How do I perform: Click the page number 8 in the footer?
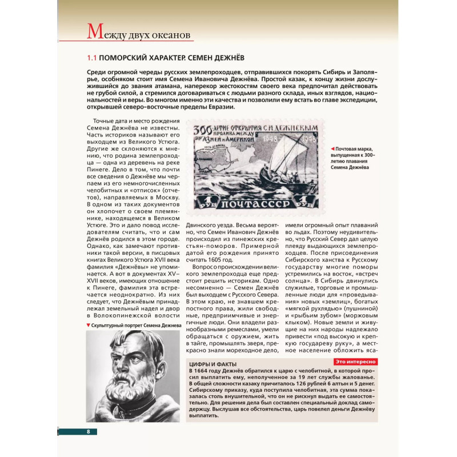point(89,431)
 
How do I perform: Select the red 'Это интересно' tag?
point(354,362)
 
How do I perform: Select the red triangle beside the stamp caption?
point(333,149)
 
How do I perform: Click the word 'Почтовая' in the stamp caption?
point(350,149)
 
